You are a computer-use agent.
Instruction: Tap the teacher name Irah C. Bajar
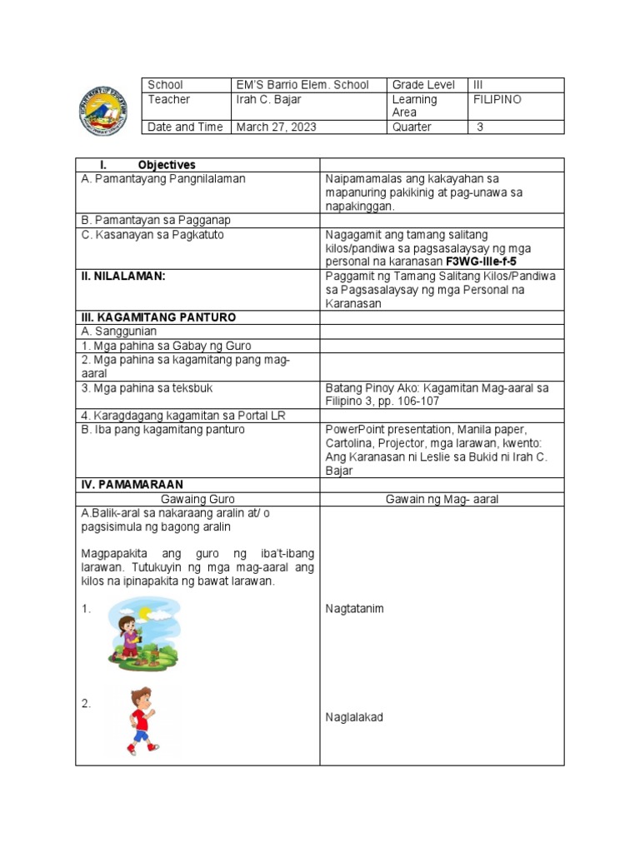click(x=268, y=99)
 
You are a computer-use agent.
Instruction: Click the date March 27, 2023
click(x=277, y=127)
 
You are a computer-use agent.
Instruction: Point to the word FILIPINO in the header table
click(x=497, y=99)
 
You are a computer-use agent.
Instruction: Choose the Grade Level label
click(x=424, y=85)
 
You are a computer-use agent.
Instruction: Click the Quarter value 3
click(x=481, y=127)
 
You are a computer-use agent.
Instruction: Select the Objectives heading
click(x=167, y=165)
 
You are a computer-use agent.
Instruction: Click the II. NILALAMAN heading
click(x=122, y=275)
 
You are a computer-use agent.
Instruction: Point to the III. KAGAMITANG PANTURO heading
click(x=158, y=317)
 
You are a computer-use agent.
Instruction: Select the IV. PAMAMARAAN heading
click(x=132, y=484)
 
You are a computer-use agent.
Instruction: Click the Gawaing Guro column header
click(x=197, y=498)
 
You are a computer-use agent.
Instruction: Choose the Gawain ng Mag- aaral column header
click(x=442, y=498)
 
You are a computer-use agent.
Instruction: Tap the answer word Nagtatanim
click(x=354, y=608)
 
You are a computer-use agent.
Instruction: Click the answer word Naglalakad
click(x=354, y=717)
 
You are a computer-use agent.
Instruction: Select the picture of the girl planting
click(x=142, y=634)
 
